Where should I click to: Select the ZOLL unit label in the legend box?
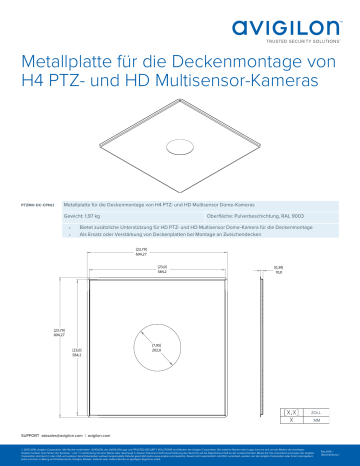click(317, 411)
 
